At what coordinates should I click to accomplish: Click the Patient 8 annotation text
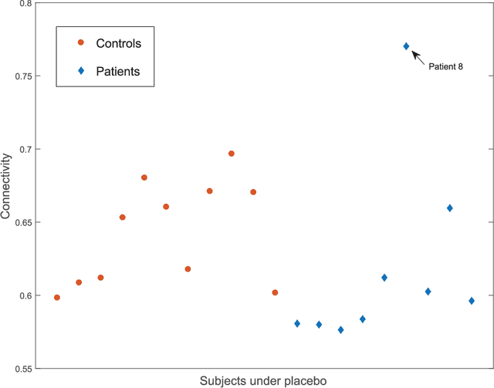click(445, 67)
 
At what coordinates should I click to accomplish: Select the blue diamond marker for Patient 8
click(407, 46)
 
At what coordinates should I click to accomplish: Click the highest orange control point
click(232, 154)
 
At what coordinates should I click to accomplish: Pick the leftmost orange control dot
click(57, 298)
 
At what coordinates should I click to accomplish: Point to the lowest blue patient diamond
click(340, 330)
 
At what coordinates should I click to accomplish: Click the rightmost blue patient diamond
click(472, 301)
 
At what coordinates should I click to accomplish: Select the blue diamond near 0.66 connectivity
click(450, 208)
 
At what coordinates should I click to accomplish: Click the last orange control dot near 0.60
click(275, 292)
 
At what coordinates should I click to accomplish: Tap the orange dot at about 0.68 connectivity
click(144, 177)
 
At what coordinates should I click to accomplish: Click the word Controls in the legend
click(118, 42)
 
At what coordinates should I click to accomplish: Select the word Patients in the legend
click(117, 71)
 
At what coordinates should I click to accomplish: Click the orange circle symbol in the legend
click(80, 42)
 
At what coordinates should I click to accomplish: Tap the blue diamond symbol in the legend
click(80, 71)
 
